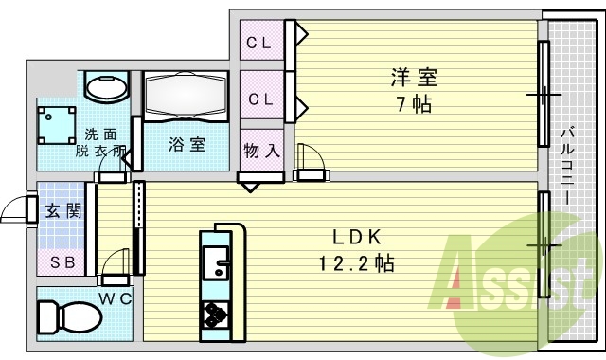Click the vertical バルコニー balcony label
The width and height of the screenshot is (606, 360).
click(x=565, y=169)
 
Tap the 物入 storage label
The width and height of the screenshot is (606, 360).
click(x=260, y=150)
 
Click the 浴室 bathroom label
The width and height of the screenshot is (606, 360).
click(x=187, y=145)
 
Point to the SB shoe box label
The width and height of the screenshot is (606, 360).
click(x=62, y=261)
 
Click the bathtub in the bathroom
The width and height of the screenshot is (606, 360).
click(x=187, y=97)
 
